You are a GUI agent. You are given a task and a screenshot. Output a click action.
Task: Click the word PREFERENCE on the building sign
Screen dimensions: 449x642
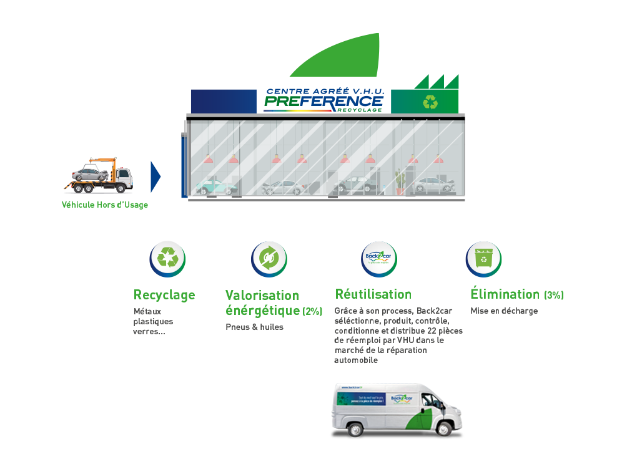point(323,100)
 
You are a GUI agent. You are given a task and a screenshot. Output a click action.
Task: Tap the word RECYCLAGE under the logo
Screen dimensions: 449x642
point(365,110)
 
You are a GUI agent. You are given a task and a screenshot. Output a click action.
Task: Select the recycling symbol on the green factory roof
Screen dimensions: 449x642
point(430,101)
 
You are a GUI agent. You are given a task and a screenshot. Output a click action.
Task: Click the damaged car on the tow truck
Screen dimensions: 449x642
point(89,174)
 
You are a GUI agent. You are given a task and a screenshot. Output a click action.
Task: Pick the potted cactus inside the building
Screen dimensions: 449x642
point(400,181)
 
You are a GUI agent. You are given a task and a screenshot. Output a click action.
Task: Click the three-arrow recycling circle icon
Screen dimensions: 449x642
point(167,258)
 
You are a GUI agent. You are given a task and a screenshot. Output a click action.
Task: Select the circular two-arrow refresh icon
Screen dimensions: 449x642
point(269,258)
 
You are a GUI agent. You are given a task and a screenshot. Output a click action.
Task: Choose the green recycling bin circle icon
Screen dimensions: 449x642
point(484,258)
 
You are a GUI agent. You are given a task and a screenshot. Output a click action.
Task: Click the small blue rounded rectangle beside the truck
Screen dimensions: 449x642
point(159,172)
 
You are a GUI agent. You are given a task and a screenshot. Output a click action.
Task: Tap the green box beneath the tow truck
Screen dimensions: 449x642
point(107,211)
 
